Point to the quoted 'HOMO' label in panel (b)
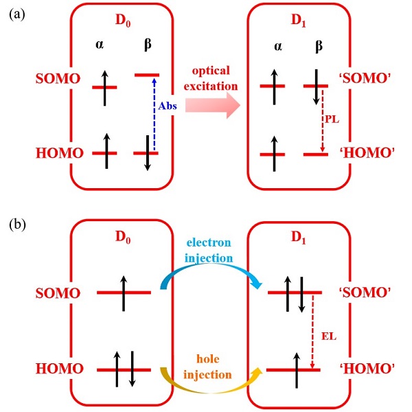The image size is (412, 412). [374, 370]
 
